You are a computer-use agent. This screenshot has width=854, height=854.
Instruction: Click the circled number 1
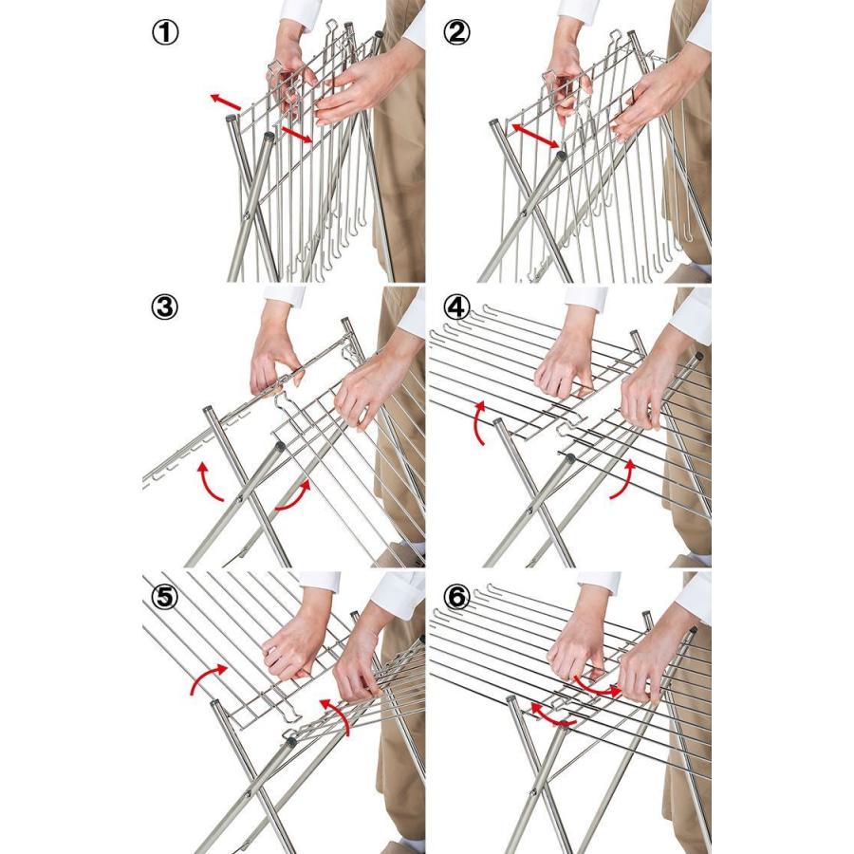164,32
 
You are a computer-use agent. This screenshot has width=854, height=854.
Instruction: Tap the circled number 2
456,32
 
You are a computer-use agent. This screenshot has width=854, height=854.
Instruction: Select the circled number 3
164,307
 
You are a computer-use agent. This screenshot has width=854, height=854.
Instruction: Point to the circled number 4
456,307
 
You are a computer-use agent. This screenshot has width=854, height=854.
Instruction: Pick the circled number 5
164,598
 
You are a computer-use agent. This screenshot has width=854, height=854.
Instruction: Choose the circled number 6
456,598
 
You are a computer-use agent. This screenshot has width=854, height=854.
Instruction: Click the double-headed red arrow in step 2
535,135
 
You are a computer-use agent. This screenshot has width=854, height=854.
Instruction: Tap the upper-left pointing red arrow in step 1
226,101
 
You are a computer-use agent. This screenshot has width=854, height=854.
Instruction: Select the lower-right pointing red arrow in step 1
297,135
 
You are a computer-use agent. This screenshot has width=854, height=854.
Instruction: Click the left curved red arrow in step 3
208,481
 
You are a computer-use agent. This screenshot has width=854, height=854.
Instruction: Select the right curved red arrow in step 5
338,715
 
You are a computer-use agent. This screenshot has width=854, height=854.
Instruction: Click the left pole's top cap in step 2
494,122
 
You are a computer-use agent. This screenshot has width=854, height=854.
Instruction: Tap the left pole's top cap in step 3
209,410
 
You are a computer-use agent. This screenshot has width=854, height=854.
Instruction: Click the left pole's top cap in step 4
498,421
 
